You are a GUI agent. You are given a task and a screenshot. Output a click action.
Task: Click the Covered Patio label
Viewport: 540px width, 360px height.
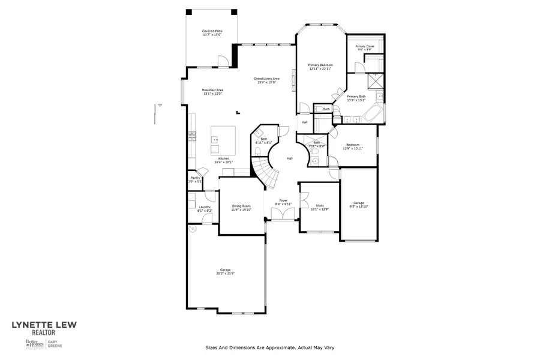click(212, 32)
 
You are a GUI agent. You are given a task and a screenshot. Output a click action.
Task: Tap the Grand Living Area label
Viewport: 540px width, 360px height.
click(266, 80)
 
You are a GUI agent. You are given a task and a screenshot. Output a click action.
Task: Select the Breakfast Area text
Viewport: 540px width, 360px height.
click(212, 92)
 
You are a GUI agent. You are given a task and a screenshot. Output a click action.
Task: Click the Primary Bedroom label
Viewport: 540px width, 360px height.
click(320, 67)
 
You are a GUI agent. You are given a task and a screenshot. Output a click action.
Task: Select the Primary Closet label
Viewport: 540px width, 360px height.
click(364, 47)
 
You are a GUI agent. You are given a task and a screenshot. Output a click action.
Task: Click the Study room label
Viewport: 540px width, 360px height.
click(319, 207)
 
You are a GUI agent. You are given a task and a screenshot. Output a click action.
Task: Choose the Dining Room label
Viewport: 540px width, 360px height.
click(241, 207)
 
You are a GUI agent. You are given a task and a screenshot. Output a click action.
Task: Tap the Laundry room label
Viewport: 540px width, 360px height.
click(205, 209)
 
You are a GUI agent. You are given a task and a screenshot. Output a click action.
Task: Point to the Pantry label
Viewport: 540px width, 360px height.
click(195, 179)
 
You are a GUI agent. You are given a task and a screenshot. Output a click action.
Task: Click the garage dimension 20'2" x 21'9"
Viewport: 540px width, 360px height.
click(225, 272)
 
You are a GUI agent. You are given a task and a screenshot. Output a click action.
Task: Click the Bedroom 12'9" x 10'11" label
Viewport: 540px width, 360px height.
click(353, 146)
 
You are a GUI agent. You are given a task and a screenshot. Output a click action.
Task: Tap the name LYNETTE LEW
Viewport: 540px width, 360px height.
click(44, 326)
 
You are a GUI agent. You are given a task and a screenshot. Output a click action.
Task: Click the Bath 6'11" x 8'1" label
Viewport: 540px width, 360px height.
click(264, 141)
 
